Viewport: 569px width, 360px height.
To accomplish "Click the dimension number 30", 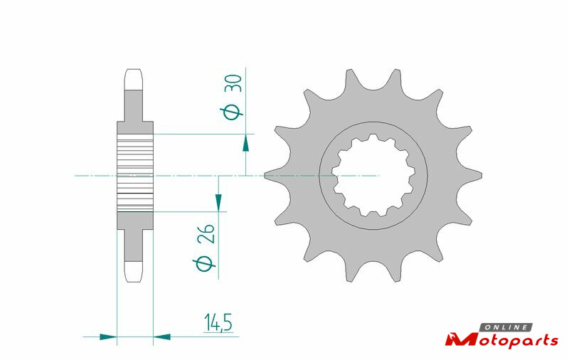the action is pyautogui.click(x=233, y=83).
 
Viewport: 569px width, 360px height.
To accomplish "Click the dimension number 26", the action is pyautogui.click(x=206, y=233).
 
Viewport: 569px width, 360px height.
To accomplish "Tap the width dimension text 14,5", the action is pyautogui.click(x=218, y=322).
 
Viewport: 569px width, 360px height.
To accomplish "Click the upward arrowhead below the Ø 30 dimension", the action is pyautogui.click(x=245, y=142).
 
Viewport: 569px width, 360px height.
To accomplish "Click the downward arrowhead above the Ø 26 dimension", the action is pyautogui.click(x=218, y=203).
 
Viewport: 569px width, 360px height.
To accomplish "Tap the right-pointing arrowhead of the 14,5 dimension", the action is pyautogui.click(x=108, y=337).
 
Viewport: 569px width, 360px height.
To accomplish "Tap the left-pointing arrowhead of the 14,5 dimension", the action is pyautogui.click(x=162, y=337).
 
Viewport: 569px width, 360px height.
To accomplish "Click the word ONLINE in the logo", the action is pyautogui.click(x=506, y=327).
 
